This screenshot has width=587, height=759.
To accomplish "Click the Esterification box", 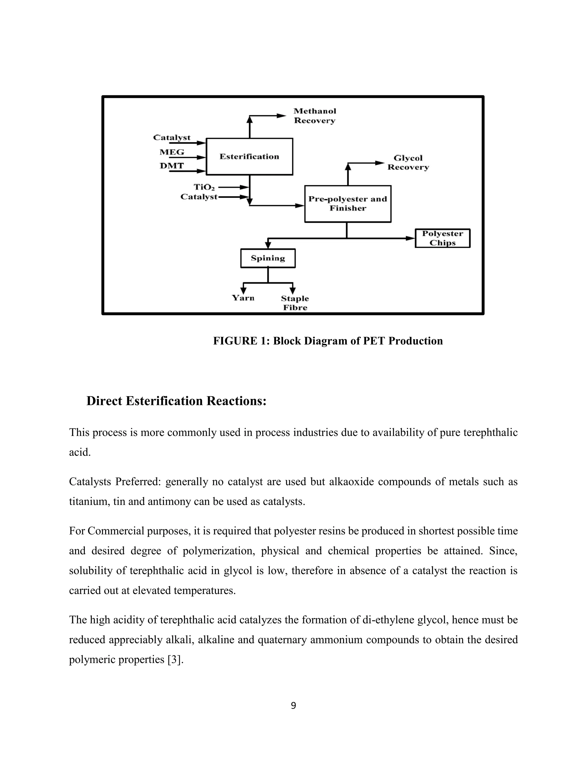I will tap(249, 157).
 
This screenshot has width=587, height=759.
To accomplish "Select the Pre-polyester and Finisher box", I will tap(348, 204).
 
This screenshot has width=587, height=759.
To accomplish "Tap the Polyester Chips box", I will tap(442, 238).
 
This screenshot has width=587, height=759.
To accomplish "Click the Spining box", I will tap(268, 258).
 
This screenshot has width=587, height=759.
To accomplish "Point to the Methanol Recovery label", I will tap(315, 116).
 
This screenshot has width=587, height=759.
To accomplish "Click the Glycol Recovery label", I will tap(408, 163).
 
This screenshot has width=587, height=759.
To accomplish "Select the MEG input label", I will tap(172, 152).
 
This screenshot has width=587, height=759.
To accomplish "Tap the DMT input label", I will tap(171, 166).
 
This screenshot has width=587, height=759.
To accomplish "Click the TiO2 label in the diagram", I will tap(204, 187).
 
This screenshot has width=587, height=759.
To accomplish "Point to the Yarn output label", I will tap(243, 298).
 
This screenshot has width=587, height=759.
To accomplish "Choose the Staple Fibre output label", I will tap(295, 303).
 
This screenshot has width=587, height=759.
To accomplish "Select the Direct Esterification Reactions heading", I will tap(176, 401).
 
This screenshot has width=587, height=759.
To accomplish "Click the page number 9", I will tap(293, 705).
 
